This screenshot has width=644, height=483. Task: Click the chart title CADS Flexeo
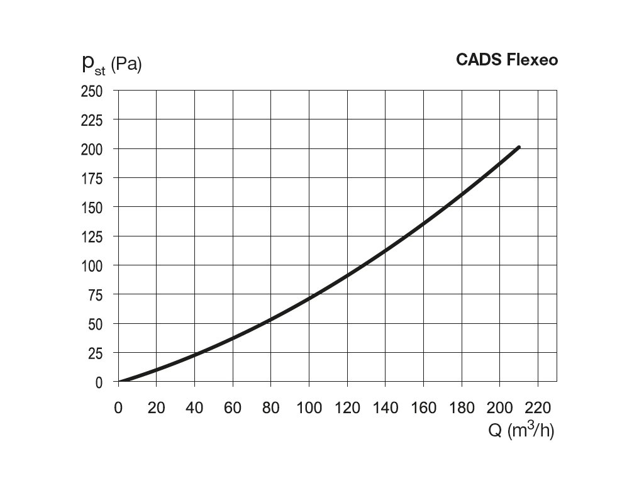(x=507, y=60)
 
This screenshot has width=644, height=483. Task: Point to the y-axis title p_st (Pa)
(x=111, y=64)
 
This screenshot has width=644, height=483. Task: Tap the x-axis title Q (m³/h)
(x=521, y=431)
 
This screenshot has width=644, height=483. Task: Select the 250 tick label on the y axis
(x=91, y=91)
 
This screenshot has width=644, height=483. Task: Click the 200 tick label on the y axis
(x=91, y=149)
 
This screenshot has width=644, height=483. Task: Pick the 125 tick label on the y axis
(x=91, y=236)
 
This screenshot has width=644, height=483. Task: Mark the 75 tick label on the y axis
(x=94, y=295)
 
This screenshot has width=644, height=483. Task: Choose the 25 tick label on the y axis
(x=94, y=353)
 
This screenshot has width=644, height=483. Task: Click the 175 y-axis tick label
(x=91, y=178)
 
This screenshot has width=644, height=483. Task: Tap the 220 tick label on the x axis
(x=538, y=408)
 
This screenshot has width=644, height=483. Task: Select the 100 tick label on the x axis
(x=309, y=408)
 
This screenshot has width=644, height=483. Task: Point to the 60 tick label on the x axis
(x=233, y=408)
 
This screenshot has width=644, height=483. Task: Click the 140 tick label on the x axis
(x=385, y=408)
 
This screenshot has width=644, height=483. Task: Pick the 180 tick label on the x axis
(x=462, y=408)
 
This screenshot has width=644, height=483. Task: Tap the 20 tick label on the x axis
(x=156, y=408)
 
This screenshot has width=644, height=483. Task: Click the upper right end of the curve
(x=518, y=147)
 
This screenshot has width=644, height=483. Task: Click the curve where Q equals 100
(x=309, y=298)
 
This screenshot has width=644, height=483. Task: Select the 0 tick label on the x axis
(x=118, y=408)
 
